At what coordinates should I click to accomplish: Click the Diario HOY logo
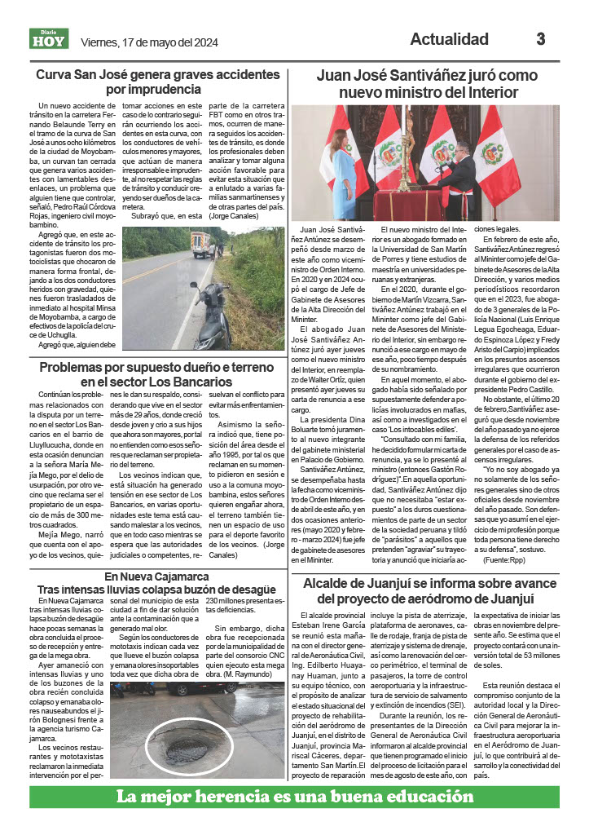(46, 39)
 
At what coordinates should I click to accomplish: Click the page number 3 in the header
(540, 39)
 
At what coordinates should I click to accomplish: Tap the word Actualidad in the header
(449, 39)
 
